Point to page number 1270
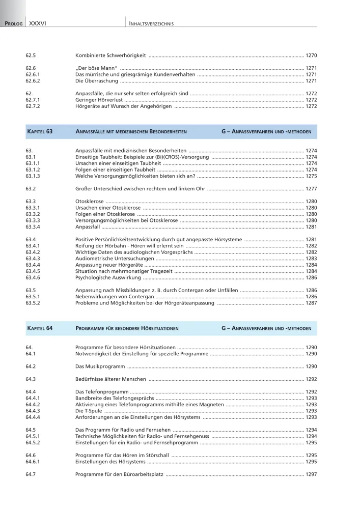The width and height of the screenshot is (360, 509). [311, 54]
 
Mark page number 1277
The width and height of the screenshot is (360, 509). [311, 189]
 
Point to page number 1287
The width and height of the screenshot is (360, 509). [311, 303]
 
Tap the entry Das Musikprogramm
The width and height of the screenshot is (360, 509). [99, 366]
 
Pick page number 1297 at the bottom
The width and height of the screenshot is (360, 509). [311, 474]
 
